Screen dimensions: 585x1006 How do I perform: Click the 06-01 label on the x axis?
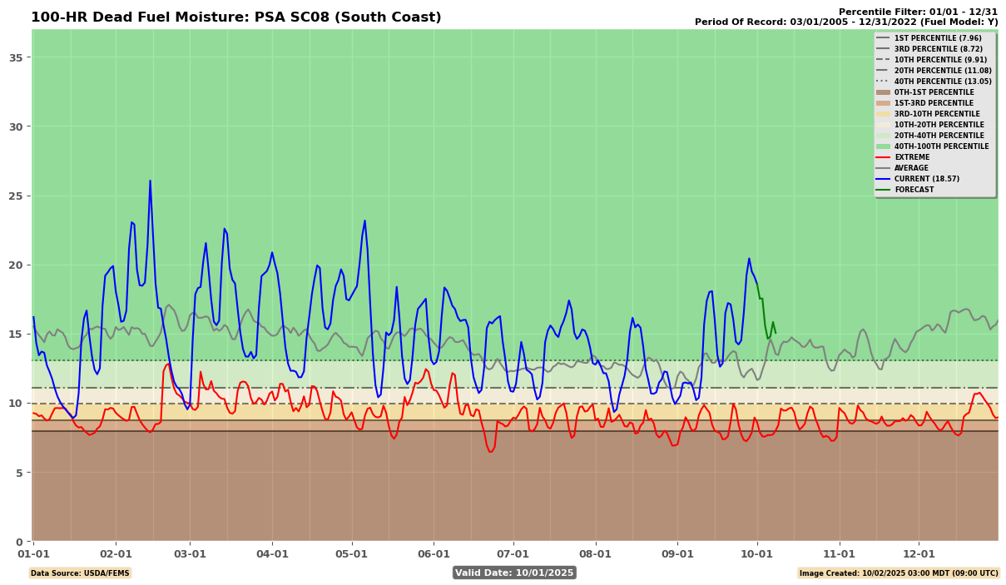coord(434,553)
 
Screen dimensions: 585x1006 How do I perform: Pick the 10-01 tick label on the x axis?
coord(757,553)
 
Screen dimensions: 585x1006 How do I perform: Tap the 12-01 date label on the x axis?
coord(919,553)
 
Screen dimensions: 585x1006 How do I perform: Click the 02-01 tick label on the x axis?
coord(116,553)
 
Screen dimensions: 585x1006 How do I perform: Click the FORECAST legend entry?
coord(914,190)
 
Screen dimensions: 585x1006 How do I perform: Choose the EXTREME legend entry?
coord(911,157)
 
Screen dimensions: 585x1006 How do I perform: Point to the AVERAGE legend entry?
coord(912,168)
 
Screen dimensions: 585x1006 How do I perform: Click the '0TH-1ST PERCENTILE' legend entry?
coord(934,92)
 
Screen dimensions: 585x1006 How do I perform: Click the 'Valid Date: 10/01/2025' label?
coord(514,573)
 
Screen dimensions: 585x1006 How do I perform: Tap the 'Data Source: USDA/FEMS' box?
coord(80,573)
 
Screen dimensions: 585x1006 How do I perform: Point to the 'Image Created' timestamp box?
coord(898,573)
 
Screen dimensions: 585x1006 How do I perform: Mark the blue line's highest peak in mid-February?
coord(150,181)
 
